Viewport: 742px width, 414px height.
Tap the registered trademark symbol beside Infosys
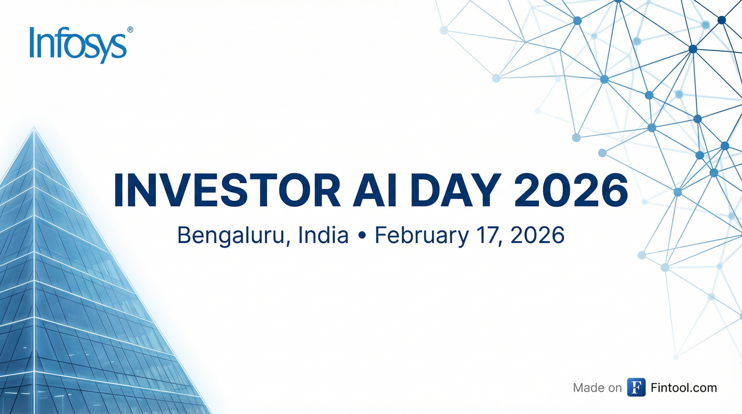(x=130, y=30)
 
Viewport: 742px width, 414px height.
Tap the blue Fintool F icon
(x=636, y=388)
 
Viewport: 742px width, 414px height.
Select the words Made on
(x=597, y=388)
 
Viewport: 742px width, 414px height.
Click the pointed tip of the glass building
(x=34, y=127)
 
